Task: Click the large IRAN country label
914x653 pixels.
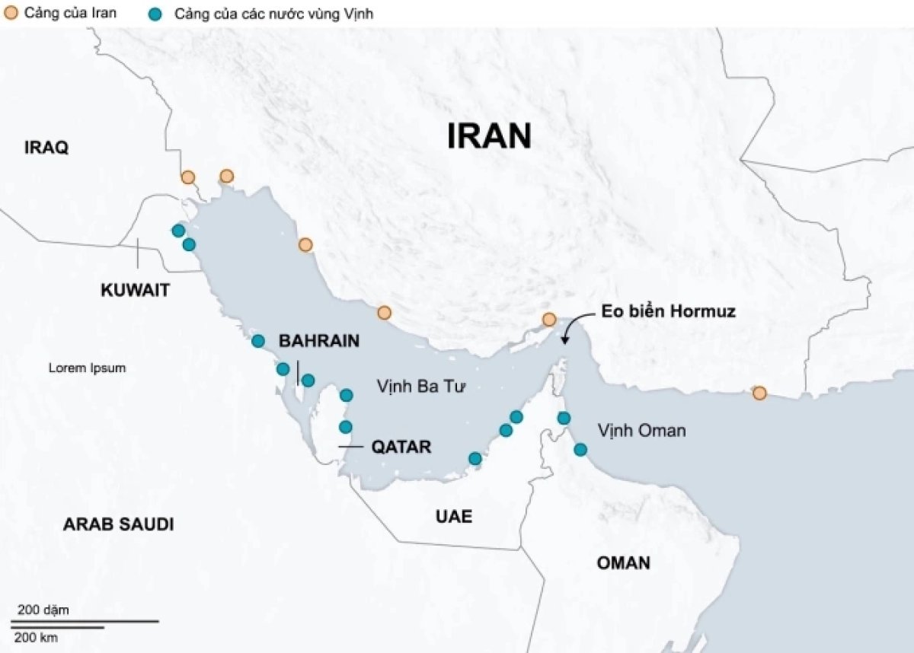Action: [488, 136]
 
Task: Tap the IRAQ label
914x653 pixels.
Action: [46, 148]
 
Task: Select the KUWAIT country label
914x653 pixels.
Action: [135, 290]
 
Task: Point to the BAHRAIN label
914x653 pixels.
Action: [319, 341]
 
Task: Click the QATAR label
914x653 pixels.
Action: [401, 447]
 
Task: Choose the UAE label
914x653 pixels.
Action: [454, 517]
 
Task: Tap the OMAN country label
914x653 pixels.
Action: [623, 563]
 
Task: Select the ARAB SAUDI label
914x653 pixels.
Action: [118, 524]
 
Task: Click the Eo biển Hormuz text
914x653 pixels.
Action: [668, 311]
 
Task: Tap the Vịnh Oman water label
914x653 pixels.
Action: [641, 431]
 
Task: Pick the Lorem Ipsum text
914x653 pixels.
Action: [87, 368]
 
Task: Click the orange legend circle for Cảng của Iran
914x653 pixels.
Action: [11, 13]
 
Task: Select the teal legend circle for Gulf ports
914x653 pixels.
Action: [156, 14]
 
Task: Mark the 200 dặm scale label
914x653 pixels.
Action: [43, 610]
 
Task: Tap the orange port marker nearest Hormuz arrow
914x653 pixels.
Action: [548, 320]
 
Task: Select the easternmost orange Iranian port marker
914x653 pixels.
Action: [759, 393]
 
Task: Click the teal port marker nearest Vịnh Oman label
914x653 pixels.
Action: [580, 449]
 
